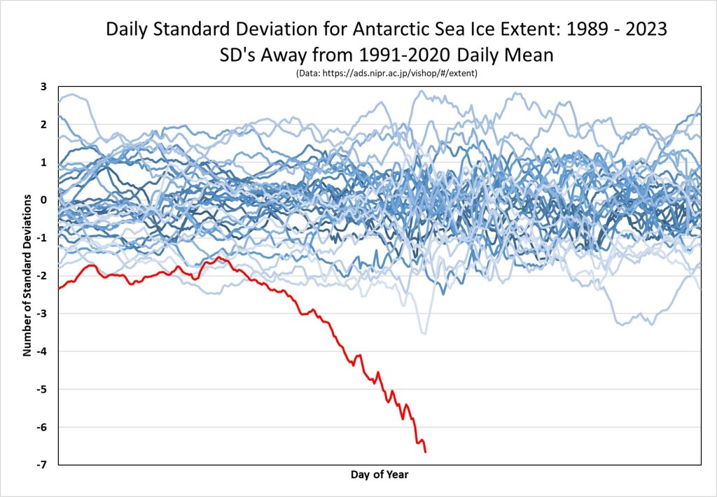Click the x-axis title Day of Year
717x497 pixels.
(x=380, y=475)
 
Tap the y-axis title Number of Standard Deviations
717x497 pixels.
(x=27, y=276)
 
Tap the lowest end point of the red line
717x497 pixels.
(x=426, y=451)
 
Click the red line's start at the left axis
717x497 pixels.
(x=59, y=288)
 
